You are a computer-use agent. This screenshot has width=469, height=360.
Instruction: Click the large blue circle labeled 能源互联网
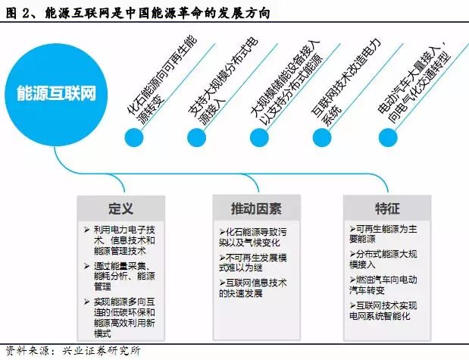[x=56, y=95]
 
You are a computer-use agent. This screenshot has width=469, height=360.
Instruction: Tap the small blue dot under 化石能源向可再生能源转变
[x=134, y=138]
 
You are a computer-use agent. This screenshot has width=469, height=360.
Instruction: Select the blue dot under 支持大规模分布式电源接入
[x=196, y=138]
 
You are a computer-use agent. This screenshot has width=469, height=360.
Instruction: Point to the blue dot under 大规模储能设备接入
[x=259, y=138]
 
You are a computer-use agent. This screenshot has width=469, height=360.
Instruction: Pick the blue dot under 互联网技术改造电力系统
[x=322, y=138]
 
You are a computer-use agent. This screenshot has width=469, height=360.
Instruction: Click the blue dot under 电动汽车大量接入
[x=388, y=138]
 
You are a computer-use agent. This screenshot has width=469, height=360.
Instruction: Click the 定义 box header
[x=120, y=208]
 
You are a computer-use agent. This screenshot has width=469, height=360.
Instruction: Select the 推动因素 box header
[x=256, y=208]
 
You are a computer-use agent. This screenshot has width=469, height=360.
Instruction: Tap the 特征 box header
[x=387, y=208]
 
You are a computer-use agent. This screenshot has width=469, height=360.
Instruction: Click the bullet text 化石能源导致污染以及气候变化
[x=253, y=237]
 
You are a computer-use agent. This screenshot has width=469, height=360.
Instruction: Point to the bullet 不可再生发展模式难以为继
[x=253, y=262]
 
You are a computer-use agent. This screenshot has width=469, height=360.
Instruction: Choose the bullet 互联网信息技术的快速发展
[x=253, y=288]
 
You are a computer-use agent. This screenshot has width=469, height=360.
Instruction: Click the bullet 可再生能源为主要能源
[x=383, y=234]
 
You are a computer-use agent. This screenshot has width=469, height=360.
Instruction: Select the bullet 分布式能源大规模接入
[x=383, y=259]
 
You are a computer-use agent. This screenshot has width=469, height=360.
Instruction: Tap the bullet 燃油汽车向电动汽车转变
[x=383, y=285]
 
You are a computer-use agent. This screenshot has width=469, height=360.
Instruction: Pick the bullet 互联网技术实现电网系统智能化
[x=383, y=311]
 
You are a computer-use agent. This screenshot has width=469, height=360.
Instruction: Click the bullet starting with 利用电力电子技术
[x=120, y=240]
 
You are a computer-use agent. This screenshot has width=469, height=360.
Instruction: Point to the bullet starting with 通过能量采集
[x=120, y=276]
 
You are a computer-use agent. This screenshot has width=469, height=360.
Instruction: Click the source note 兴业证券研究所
[x=101, y=351]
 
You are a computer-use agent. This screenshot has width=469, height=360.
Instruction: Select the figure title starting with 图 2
[x=138, y=13]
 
